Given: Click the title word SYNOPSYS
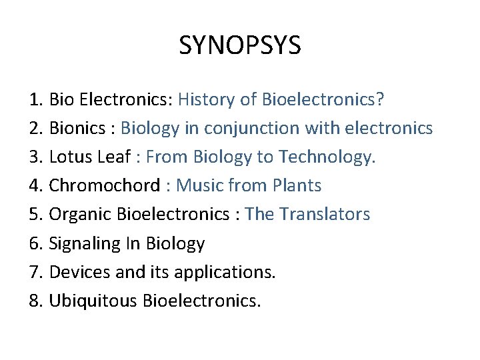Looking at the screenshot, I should tap(240, 45).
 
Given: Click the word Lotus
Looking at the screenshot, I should tap(71, 157).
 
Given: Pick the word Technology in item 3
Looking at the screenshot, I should tap(327, 157).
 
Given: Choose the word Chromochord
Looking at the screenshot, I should tap(105, 185).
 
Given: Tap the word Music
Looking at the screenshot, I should tap(201, 185).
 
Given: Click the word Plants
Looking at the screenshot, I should tap(297, 185).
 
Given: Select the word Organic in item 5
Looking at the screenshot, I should tap(81, 214).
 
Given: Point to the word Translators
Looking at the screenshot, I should tap(325, 214).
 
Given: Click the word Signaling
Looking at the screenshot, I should tap(85, 243).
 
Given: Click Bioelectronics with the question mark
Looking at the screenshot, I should tap(323, 100).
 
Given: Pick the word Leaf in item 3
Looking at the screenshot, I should tap(115, 157).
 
